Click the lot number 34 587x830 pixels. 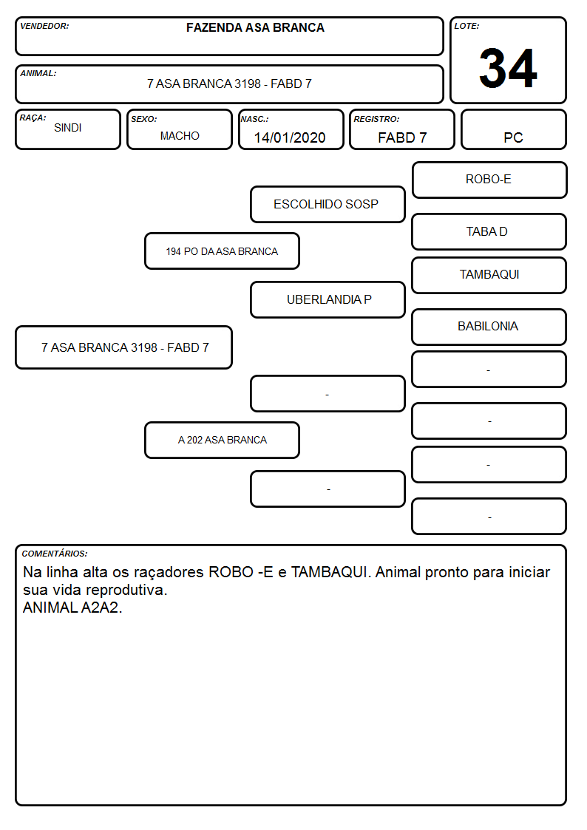coord(508,68)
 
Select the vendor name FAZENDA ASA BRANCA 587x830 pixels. coord(255,27)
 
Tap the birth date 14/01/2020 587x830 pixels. coord(290,137)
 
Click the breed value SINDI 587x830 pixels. coord(68,128)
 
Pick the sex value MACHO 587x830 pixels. coord(180,136)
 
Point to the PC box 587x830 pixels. coord(513,129)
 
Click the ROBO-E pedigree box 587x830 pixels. coord(489,180)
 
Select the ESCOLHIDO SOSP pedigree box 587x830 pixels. coord(328,204)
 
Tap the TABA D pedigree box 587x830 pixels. coord(489,232)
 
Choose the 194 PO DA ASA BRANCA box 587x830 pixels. coord(222,251)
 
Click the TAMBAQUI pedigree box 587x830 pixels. coord(489,275)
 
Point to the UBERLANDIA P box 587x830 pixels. coord(328,299)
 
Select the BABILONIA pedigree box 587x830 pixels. coord(489,327)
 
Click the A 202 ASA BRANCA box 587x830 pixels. coord(222,440)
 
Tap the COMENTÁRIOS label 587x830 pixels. coord(55,554)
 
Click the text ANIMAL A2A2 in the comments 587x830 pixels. coord(72,608)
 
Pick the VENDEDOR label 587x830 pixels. coord(44,26)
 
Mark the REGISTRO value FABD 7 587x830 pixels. coord(402,137)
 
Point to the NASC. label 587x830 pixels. coord(254,119)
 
